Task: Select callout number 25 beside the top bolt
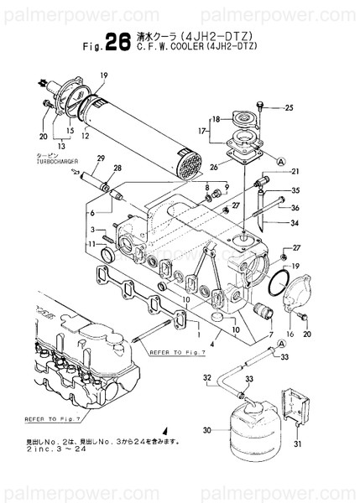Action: pyautogui.click(x=289, y=107)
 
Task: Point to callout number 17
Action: pyautogui.click(x=202, y=131)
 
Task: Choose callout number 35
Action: pyautogui.click(x=295, y=190)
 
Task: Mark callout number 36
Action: pyautogui.click(x=295, y=208)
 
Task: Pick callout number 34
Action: pyautogui.click(x=295, y=223)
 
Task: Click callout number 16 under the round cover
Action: pyautogui.click(x=290, y=334)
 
